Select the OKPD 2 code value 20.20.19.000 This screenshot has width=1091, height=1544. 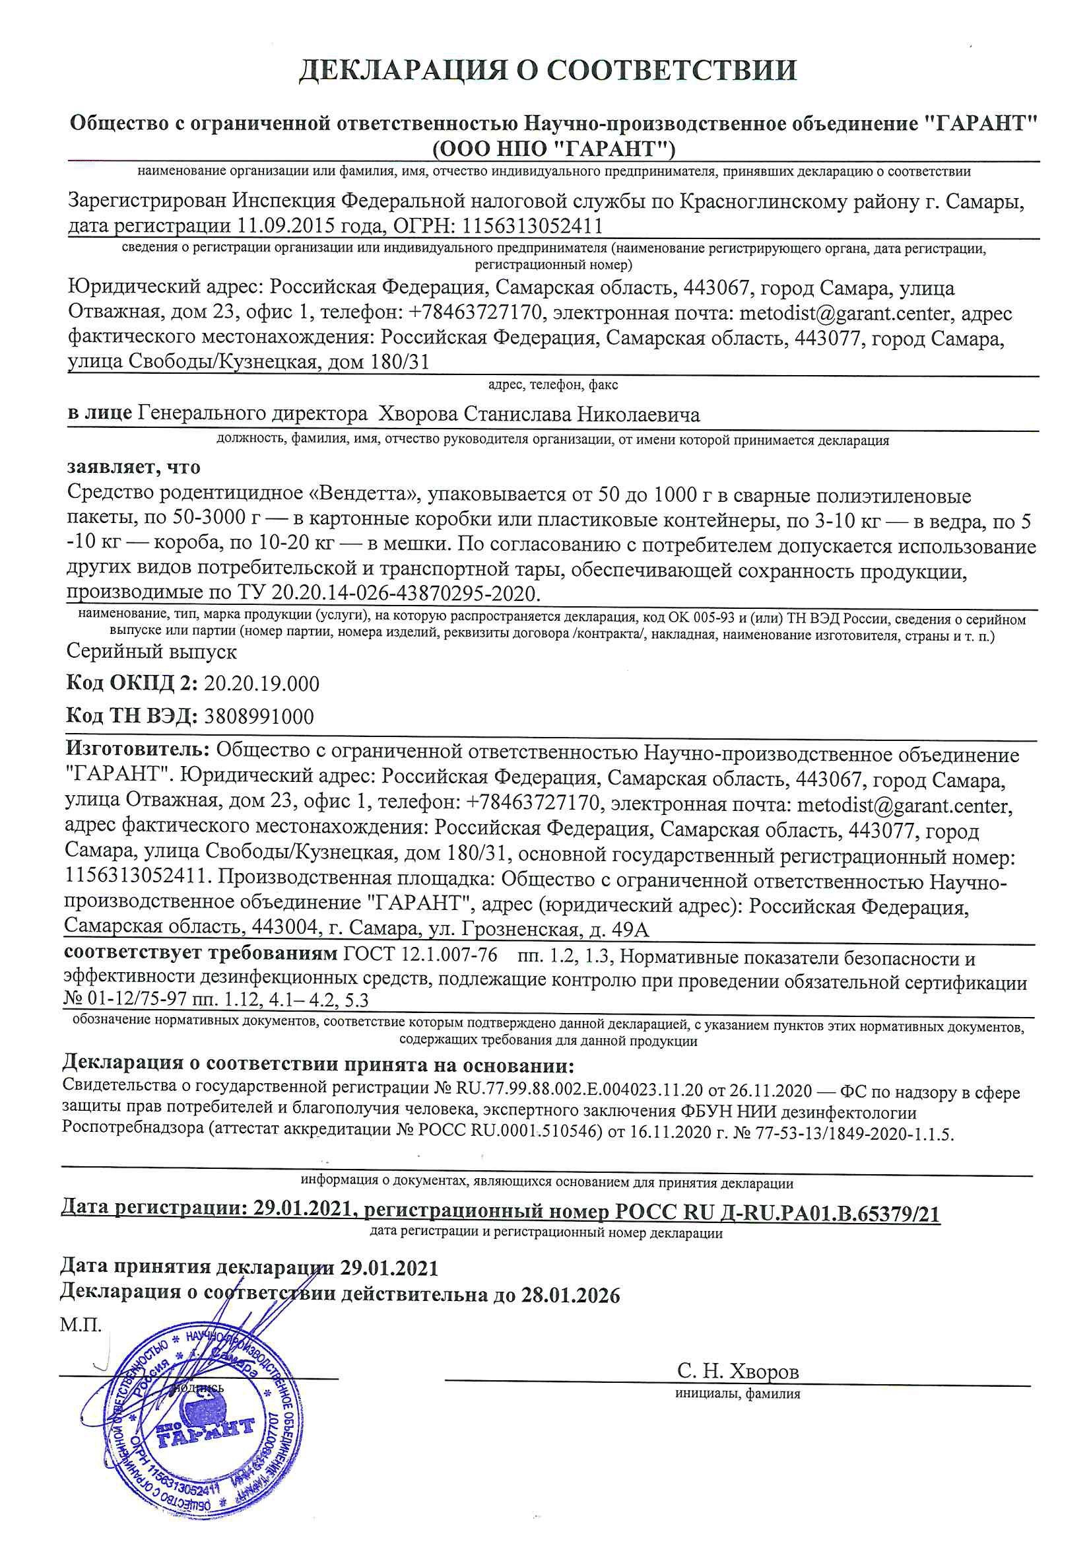click(x=261, y=684)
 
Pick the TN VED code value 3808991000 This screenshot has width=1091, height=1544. click(x=258, y=716)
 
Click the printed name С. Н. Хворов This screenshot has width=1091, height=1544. click(x=738, y=1371)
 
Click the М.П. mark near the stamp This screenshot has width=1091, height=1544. click(x=80, y=1325)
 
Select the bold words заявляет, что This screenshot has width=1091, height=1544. click(x=134, y=467)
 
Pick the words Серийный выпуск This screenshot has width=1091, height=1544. click(x=152, y=651)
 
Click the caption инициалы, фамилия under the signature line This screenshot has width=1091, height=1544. click(x=737, y=1393)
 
